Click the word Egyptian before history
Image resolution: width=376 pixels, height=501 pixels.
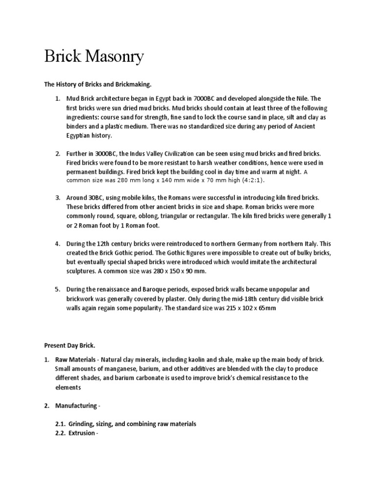tap(81, 136)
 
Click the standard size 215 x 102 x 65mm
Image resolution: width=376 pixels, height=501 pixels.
tap(247, 308)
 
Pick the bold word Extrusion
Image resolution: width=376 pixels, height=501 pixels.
tap(81, 433)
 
